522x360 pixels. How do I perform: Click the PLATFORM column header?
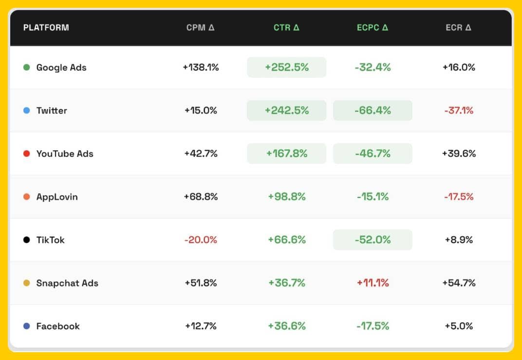(46, 27)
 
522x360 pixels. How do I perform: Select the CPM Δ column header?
(200, 27)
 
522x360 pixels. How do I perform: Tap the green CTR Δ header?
(286, 27)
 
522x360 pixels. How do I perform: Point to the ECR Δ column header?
(458, 27)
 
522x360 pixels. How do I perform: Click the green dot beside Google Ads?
(27, 67)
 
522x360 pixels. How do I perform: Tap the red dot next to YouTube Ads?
(27, 154)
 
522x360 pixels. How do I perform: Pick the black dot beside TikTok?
(27, 240)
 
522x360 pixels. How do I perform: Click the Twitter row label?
(52, 110)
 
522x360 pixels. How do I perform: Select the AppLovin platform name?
(57, 197)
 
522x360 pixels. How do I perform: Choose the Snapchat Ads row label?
(67, 283)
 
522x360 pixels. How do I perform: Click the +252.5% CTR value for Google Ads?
(286, 67)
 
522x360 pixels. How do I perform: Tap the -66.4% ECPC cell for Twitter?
(373, 110)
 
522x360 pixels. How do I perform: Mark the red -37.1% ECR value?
(459, 110)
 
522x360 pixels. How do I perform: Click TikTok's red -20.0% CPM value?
(201, 240)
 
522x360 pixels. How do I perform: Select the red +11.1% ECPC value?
(373, 283)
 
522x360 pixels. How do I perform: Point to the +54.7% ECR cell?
(459, 283)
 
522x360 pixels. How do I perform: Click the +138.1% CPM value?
(201, 67)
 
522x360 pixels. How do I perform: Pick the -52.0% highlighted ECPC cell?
(373, 240)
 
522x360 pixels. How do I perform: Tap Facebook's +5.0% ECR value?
(459, 326)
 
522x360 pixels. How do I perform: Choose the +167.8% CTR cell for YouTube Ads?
(286, 154)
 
